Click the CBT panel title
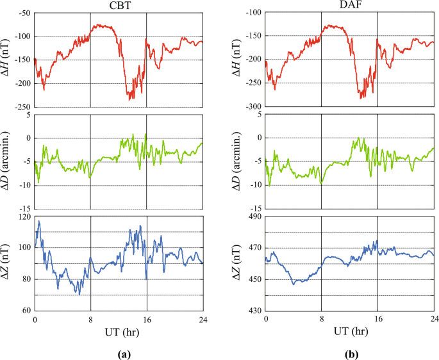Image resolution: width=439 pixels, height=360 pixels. point(118,5)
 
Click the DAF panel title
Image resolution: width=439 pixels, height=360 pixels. point(349,5)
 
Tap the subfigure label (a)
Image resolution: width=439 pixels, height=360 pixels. point(118,352)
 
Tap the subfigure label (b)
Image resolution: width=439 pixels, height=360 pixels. point(349,352)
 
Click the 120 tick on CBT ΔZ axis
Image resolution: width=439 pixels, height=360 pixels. point(24,217)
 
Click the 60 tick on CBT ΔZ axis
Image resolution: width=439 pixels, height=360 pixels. point(26,310)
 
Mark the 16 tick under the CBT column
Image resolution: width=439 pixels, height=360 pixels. point(147,319)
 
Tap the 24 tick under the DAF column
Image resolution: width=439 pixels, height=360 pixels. point(434,319)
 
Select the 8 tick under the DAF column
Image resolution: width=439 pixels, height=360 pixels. point(321,319)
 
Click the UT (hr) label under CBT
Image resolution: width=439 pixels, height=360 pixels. point(118,332)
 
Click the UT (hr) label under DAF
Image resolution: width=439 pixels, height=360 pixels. point(349,332)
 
